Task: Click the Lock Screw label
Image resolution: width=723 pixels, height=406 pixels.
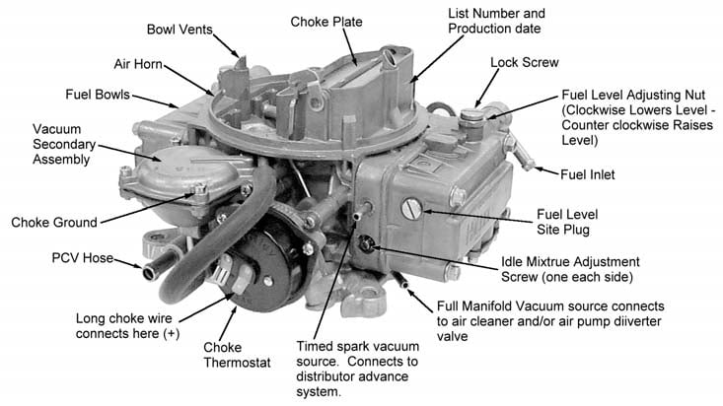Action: tap(525, 62)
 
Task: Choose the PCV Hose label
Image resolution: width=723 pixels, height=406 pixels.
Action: tap(81, 260)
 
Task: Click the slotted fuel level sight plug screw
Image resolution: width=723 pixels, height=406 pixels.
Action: tap(412, 208)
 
